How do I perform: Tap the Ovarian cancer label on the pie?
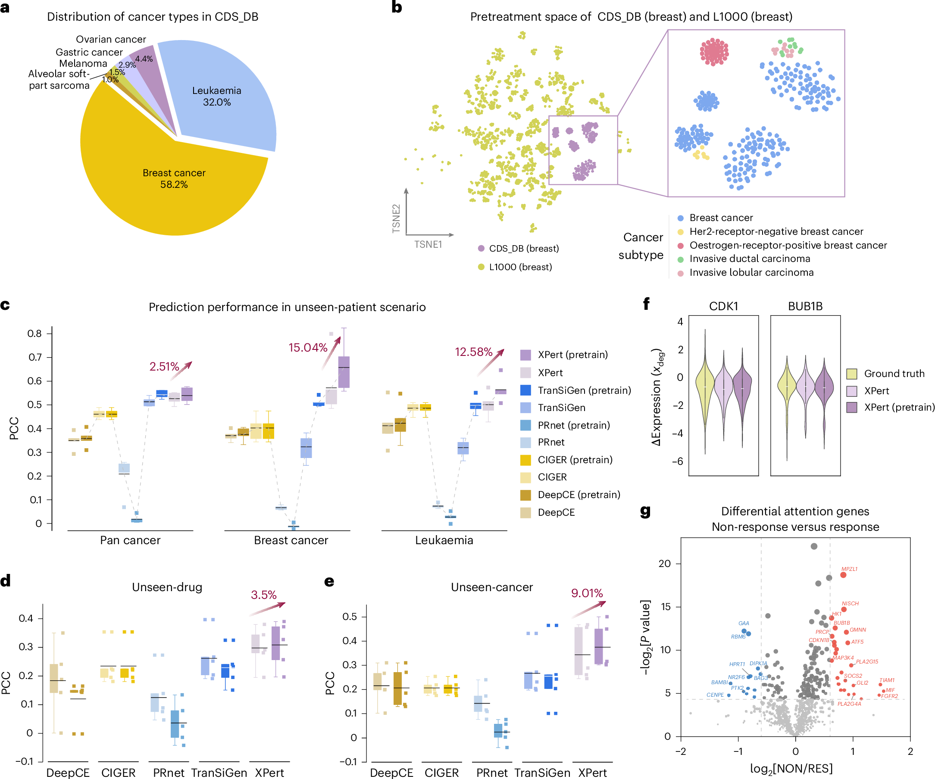[x=111, y=39]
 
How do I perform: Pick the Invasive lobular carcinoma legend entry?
[x=751, y=272]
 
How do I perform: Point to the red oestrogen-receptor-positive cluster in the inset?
[x=714, y=52]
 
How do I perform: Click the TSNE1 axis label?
[x=428, y=244]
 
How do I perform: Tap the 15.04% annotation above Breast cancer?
[x=308, y=347]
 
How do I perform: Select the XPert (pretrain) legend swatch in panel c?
[x=525, y=355]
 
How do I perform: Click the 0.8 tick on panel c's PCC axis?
[x=35, y=333]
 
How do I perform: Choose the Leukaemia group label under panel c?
[x=444, y=540]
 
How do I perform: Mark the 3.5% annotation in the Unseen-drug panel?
[x=263, y=595]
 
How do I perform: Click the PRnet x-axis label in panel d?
[x=168, y=773]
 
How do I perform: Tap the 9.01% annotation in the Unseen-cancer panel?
[x=587, y=593]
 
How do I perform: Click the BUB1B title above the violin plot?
[x=805, y=306]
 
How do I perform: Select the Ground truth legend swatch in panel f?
[x=852, y=374]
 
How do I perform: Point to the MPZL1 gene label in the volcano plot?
[x=849, y=569]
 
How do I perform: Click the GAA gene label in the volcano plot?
[x=744, y=623]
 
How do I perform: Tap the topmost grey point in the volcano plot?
[x=814, y=546]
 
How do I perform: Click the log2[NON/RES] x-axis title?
[x=791, y=768]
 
